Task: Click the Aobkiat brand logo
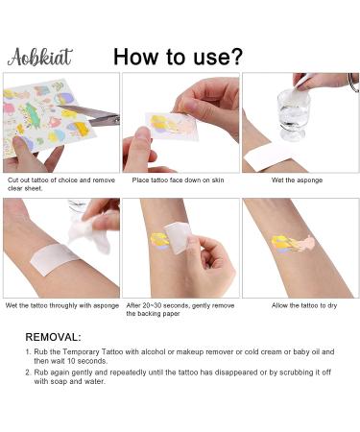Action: pos(39,56)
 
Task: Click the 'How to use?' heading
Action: pos(178,55)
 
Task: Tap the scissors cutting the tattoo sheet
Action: pos(100,118)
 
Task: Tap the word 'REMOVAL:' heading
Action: pos(54,337)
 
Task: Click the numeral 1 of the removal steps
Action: pos(29,352)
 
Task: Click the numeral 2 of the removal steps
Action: pos(29,373)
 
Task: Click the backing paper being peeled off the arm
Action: pos(177,233)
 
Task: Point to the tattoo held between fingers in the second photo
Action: pos(166,123)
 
